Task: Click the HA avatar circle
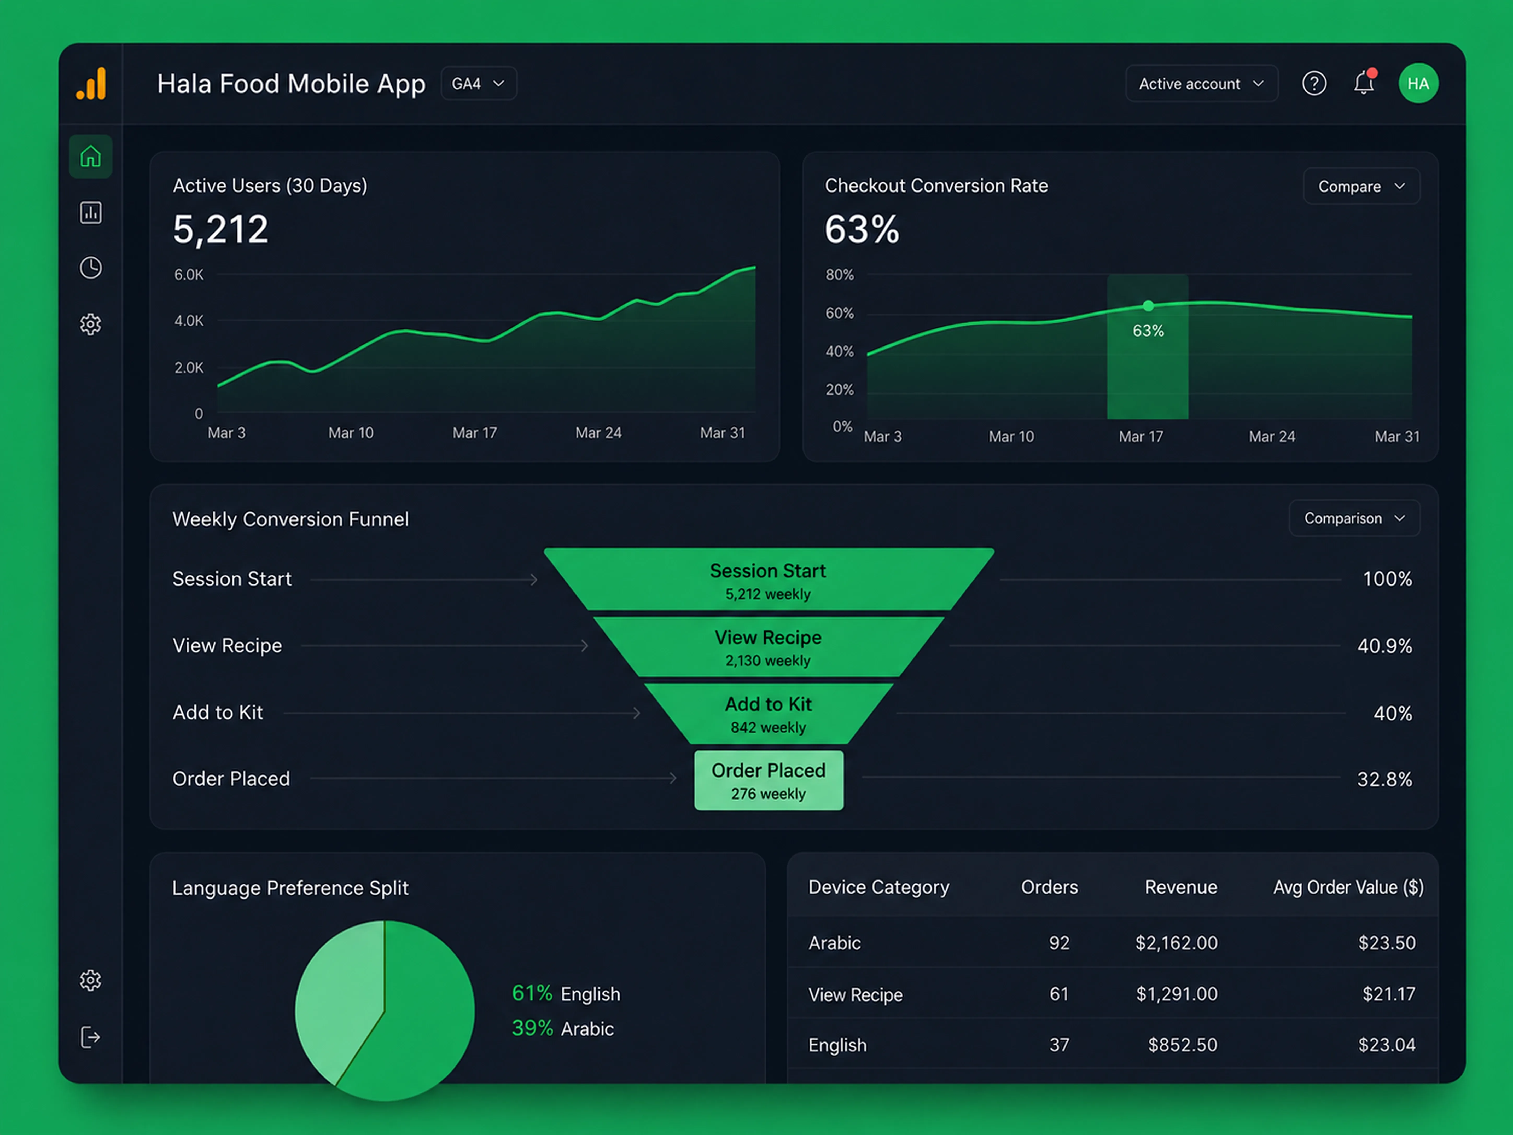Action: point(1418,83)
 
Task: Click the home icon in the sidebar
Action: point(90,157)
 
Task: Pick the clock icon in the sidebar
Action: point(90,268)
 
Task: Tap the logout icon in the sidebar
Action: point(90,1037)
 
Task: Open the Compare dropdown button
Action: point(1361,186)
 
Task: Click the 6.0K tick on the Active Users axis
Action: point(189,274)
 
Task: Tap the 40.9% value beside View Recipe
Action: point(1384,646)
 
